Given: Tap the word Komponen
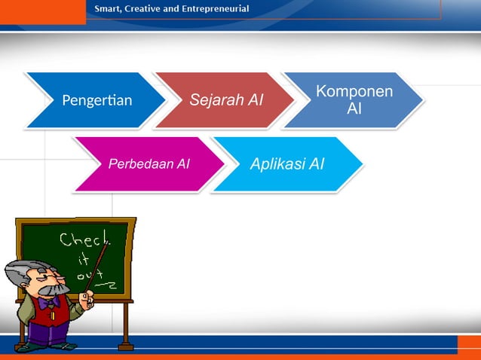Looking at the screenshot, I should (354, 92).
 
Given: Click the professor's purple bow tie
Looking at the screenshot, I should (53, 302).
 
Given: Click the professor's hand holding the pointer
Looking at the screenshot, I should (89, 301).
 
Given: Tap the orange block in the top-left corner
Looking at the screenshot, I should (42, 11).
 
